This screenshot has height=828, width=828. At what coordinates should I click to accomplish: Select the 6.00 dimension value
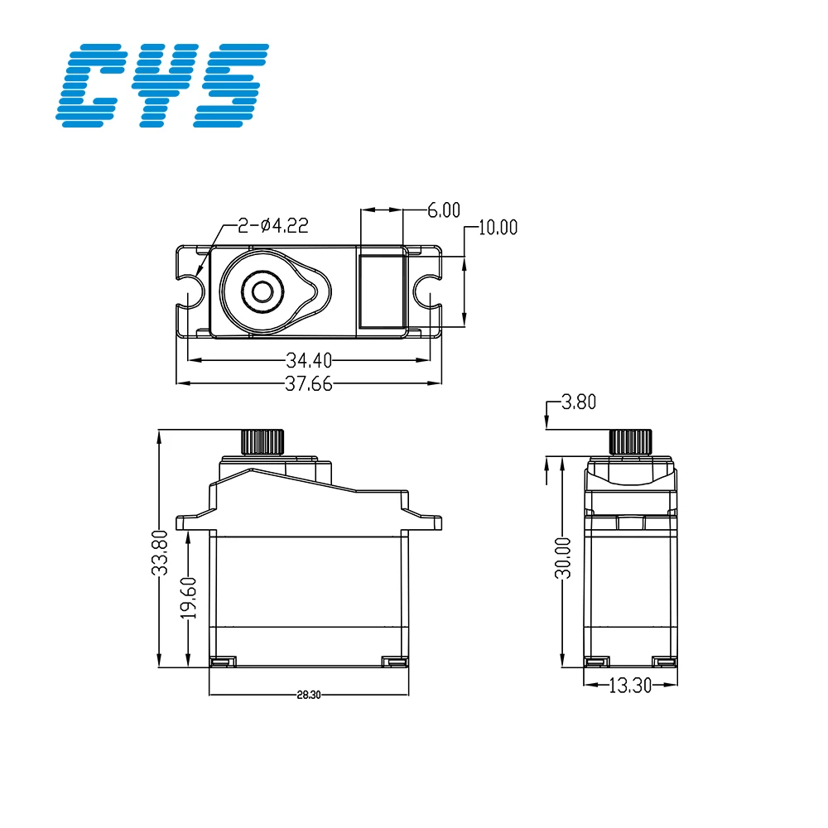(x=443, y=210)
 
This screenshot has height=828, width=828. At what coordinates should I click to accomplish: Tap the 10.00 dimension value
(x=496, y=227)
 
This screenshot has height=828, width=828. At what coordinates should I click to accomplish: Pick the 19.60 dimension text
(x=189, y=598)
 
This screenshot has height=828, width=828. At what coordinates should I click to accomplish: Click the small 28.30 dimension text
(x=308, y=696)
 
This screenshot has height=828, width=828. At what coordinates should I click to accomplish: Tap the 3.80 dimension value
(x=579, y=403)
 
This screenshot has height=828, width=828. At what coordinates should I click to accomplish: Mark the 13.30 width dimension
(x=630, y=685)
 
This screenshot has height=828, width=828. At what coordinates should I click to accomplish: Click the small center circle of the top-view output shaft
(x=263, y=291)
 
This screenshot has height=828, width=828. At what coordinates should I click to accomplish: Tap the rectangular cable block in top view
(x=381, y=291)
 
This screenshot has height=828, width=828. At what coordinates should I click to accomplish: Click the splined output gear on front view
(x=263, y=441)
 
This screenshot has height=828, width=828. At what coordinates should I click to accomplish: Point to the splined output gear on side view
(x=630, y=441)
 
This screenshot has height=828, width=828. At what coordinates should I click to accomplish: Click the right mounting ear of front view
(x=424, y=522)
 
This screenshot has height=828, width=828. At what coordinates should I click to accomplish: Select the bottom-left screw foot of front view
(x=220, y=662)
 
